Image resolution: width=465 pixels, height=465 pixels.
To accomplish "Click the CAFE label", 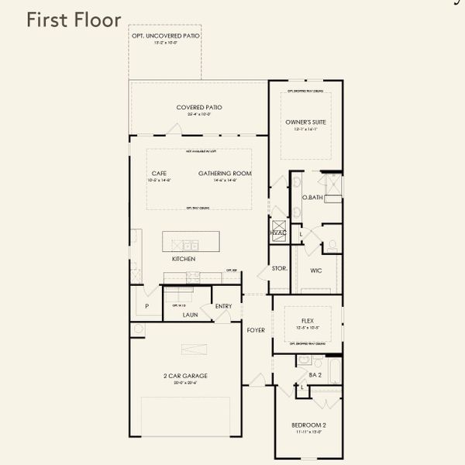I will (x=160, y=173).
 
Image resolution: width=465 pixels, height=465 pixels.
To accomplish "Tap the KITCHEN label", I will (x=184, y=258).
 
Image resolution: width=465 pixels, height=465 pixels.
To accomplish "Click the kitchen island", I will (x=191, y=241).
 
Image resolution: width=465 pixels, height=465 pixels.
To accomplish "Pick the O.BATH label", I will (x=312, y=198).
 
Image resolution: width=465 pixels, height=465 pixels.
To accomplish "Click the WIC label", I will (x=315, y=270).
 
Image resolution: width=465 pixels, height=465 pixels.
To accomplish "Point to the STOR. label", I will (x=280, y=269).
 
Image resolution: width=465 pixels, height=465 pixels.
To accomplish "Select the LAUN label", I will (x=191, y=315).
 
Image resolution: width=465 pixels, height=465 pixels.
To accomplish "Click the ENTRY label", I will (x=223, y=306).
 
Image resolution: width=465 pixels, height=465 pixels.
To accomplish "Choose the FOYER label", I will (x=256, y=330).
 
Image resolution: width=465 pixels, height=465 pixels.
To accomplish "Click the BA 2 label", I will (x=315, y=375).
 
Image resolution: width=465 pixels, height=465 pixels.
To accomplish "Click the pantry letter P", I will (x=146, y=306).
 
